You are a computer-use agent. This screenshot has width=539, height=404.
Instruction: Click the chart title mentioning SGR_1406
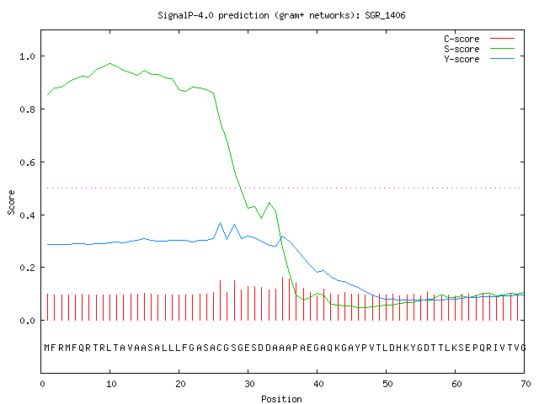281,15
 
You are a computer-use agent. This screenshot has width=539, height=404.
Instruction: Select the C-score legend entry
479,39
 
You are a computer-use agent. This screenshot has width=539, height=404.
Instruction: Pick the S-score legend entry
479,49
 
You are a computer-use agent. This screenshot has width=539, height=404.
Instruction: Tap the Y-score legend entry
479,59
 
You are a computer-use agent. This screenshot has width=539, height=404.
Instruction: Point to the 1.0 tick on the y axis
27,56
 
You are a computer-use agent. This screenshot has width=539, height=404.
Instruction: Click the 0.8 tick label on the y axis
27,109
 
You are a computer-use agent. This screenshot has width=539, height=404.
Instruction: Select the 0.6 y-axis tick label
27,162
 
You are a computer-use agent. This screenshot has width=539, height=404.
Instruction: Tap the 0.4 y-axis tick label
27,215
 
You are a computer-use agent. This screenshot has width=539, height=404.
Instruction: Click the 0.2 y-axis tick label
27,268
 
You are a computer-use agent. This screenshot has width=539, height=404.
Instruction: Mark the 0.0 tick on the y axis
27,321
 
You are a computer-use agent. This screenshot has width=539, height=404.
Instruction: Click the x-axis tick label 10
111,384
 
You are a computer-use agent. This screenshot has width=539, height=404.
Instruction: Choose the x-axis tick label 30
249,384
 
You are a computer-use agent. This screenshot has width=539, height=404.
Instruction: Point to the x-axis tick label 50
387,384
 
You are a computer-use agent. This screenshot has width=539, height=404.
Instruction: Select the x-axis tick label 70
526,384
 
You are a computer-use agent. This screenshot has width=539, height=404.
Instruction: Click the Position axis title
281,398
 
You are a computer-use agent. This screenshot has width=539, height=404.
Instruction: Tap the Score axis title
11,202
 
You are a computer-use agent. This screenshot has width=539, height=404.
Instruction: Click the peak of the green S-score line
110,63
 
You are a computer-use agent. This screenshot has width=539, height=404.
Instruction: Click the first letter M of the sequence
47,348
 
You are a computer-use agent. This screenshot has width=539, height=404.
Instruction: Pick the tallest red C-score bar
283,299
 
